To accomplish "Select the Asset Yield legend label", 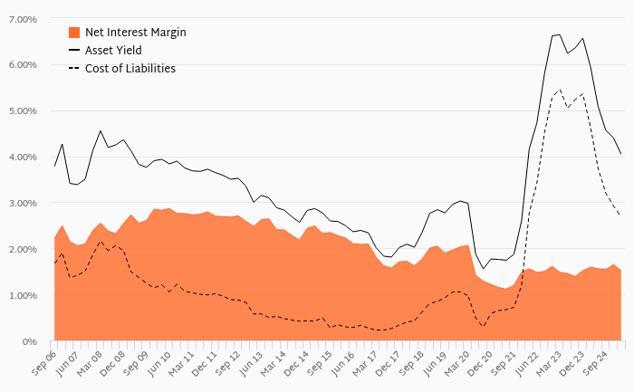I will click(113, 50).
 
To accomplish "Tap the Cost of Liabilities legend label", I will click(130, 68).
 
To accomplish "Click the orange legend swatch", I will click(75, 33).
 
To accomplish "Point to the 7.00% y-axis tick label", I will click(22, 19).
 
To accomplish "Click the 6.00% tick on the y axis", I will click(22, 65).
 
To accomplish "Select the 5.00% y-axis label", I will click(22, 111).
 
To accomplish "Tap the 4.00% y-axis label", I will click(22, 158).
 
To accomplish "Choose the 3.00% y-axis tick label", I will click(22, 204).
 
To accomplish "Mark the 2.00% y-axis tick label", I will click(22, 250).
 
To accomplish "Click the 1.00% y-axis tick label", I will click(22, 296).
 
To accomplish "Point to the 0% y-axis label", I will click(29, 342).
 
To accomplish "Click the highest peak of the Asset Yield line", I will click(560, 34).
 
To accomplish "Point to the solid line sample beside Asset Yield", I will click(75, 51).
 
